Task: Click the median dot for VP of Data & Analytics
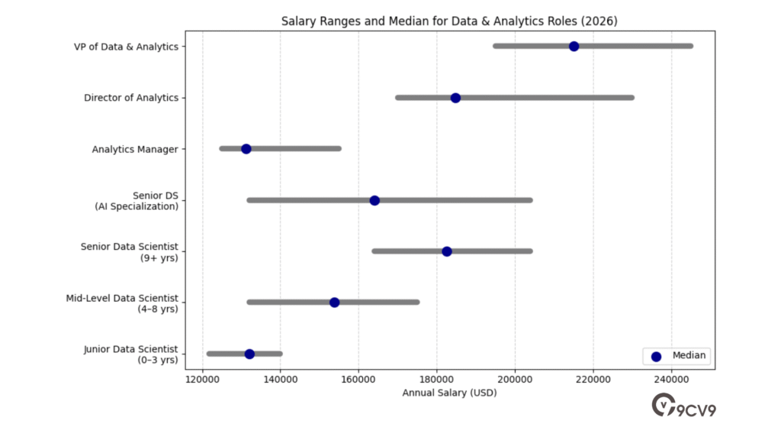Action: coord(574,47)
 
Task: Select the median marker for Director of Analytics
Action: coord(455,98)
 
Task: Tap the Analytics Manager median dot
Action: coord(246,149)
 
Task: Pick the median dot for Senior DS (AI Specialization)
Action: coord(374,200)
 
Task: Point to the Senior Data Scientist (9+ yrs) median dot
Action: coord(447,251)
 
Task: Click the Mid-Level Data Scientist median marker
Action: coord(334,302)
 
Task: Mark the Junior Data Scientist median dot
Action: coord(249,354)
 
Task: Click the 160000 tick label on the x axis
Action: coord(358,380)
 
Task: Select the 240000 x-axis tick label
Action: coord(671,380)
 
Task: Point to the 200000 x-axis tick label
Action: coord(515,380)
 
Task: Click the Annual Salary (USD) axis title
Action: coord(449,393)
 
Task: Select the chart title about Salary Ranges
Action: coord(449,21)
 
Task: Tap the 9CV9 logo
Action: coord(684,406)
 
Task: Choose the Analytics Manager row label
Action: coord(135,149)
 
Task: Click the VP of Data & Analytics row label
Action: coord(126,47)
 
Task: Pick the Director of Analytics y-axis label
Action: coord(131,98)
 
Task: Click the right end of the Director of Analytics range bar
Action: coord(632,98)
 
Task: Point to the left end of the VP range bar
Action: coord(495,47)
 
